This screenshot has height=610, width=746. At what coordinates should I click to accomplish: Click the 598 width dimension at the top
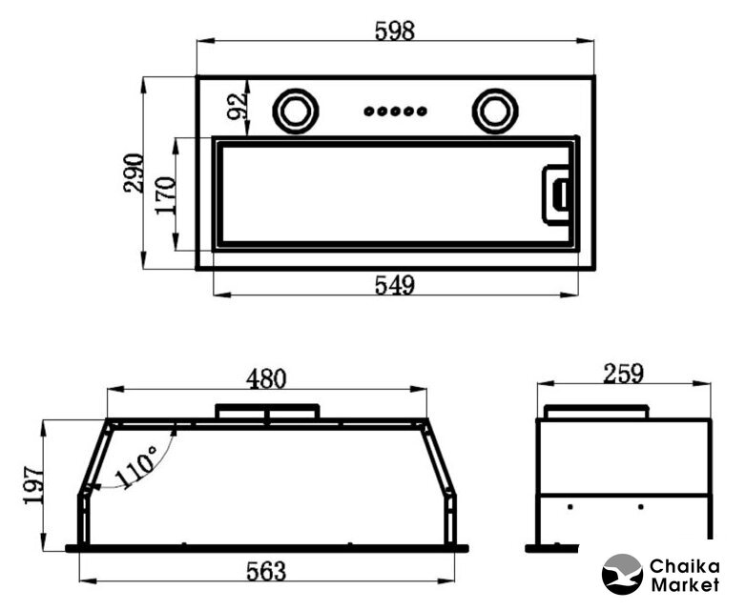(x=395, y=30)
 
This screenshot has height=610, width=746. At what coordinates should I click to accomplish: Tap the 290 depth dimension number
(x=134, y=173)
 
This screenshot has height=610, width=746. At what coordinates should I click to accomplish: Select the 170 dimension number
(x=166, y=195)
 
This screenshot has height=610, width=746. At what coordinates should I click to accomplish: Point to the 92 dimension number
(x=237, y=107)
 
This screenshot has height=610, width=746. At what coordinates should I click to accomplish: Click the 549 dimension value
(x=395, y=285)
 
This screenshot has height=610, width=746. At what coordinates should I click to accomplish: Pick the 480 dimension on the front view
(x=266, y=379)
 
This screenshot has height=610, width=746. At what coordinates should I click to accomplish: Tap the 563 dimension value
(x=266, y=572)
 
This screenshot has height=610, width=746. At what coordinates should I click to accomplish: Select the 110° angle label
(x=135, y=468)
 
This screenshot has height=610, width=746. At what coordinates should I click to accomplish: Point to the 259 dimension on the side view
(x=624, y=374)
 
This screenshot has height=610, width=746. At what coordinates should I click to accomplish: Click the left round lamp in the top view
(x=296, y=112)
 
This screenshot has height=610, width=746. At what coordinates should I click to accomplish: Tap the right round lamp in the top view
(x=495, y=112)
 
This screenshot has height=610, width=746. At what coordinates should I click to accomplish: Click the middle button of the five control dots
(x=395, y=112)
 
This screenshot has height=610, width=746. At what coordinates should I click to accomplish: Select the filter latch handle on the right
(x=556, y=195)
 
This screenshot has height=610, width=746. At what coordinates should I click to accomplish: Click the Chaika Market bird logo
(x=622, y=574)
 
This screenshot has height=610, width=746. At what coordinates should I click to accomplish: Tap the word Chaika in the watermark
(x=685, y=566)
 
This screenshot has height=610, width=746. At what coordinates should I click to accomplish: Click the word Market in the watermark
(x=685, y=584)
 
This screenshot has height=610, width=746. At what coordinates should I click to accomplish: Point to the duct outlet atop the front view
(x=267, y=411)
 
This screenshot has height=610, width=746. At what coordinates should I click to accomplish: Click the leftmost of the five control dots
(x=369, y=112)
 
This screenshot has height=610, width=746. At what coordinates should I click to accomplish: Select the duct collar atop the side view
(x=596, y=412)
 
